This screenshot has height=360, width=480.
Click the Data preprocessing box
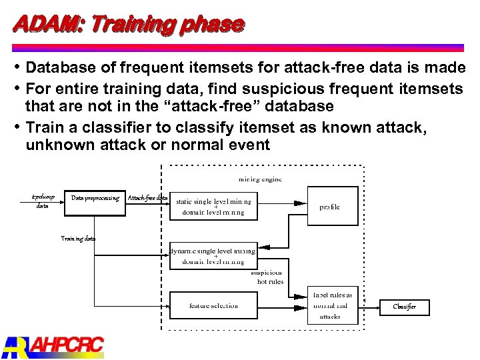point(95,198)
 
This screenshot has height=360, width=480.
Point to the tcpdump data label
point(43,202)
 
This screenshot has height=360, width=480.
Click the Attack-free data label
point(147,198)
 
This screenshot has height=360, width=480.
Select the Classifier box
point(404,307)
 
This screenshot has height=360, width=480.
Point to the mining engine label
point(260,179)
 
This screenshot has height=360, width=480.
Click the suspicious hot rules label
point(268,277)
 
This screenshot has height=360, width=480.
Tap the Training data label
point(78,238)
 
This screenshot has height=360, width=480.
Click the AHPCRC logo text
point(67,345)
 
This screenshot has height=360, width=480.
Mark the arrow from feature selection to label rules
point(280,307)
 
